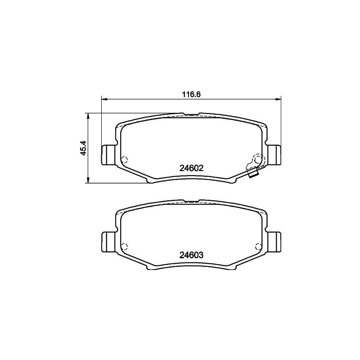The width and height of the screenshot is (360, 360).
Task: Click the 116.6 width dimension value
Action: pos(191,94)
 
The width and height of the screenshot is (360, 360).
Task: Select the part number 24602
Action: pos(192,168)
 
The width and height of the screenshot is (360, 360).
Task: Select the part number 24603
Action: pos(192,255)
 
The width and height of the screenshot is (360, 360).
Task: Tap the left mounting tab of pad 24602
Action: pos(108,155)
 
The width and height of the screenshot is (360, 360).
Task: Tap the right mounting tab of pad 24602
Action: pos(274,155)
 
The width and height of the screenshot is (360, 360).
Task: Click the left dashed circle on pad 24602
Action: pos(125,159)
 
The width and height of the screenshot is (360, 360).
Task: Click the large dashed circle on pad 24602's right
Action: pos(258,160)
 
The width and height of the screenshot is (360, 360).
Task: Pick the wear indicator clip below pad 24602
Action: pos(253,173)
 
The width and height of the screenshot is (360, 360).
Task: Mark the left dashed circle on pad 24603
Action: pos(125,245)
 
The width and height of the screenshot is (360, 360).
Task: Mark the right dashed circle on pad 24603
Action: pos(258,245)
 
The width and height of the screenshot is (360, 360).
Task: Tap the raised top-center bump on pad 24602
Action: pos(191,114)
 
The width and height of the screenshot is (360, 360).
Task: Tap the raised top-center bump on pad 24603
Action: pos(191,201)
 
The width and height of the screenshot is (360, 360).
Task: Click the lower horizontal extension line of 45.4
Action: pos(117,183)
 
